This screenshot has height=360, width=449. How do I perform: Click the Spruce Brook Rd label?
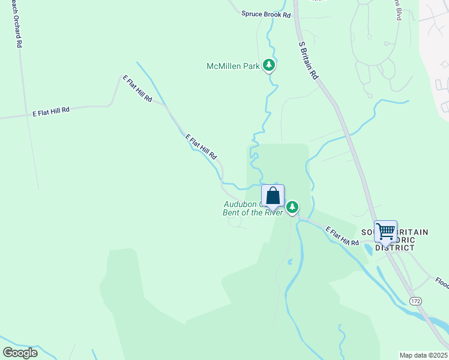tap(266, 14)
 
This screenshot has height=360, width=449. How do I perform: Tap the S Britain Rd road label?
tap(307, 61)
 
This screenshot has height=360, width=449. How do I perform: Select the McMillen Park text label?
tap(233, 66)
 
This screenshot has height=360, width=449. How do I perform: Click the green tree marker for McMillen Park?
tap(270, 65)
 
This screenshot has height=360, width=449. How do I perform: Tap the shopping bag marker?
tap(273, 197)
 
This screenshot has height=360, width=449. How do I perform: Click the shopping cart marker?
tap(385, 232)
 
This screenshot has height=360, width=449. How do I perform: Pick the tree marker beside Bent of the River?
tap(292, 208)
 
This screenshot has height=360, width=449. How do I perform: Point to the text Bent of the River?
tap(253, 212)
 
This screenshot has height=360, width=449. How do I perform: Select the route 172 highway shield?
tap(415, 299)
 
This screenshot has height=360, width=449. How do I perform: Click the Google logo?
tap(20, 353)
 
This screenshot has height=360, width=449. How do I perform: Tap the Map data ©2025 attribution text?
tap(423, 355)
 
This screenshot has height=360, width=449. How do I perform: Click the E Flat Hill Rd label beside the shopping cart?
tap(342, 236)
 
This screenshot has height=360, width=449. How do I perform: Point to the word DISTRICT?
tap(394, 247)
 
